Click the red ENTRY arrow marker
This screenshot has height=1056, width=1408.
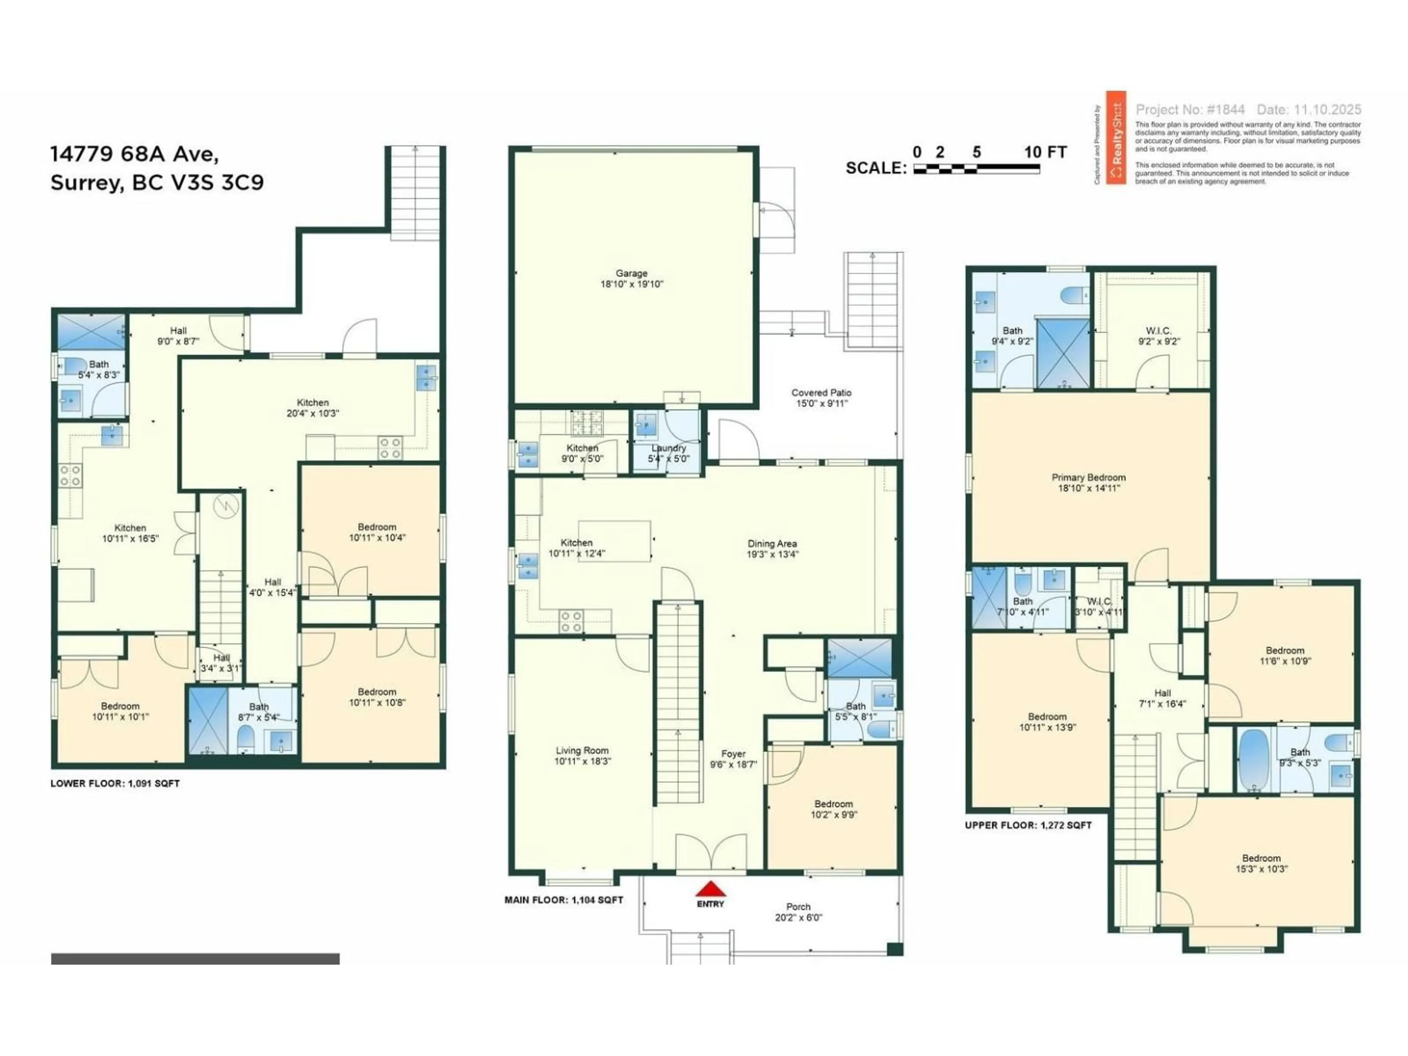(710, 888)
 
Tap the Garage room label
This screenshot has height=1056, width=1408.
(631, 273)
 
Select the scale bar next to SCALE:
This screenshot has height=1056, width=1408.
(976, 169)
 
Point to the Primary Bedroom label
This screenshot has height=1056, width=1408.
(1089, 477)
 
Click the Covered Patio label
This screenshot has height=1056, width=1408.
(821, 393)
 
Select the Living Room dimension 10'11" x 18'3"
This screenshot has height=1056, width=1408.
(582, 761)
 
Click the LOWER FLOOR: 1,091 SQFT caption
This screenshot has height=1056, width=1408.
(115, 784)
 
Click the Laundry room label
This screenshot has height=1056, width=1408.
(668, 448)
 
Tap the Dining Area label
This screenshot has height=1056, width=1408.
(772, 544)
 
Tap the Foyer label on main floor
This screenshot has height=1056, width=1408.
(733, 753)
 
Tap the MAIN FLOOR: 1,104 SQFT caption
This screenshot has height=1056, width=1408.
(563, 900)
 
